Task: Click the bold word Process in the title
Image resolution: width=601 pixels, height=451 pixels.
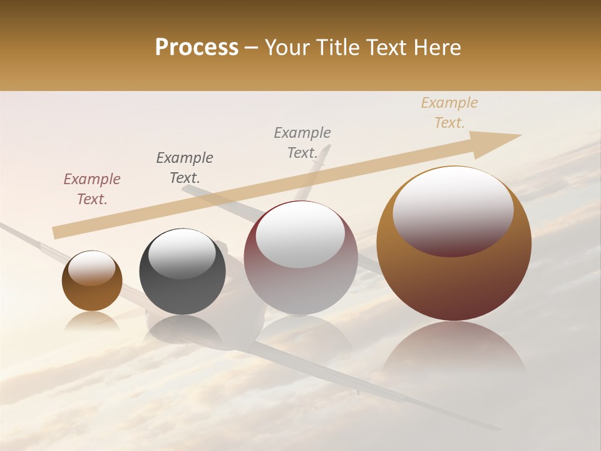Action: point(197,48)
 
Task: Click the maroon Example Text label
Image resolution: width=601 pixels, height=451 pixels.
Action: point(92,189)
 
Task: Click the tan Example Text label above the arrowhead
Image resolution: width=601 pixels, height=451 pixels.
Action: point(449,113)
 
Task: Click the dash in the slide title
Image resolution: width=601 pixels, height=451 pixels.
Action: point(252,48)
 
